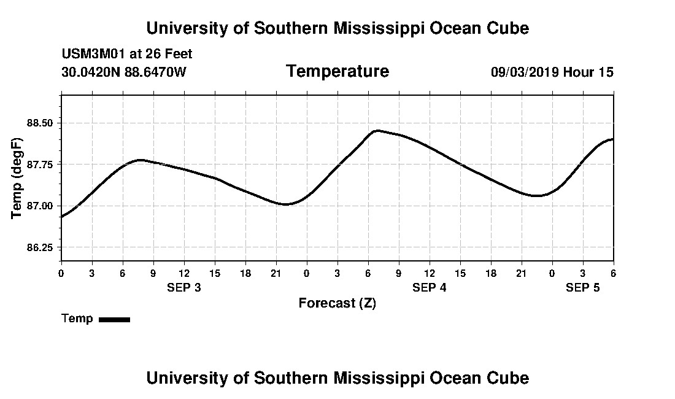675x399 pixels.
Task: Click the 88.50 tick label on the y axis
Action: [40, 123]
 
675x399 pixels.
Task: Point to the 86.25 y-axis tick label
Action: [40, 247]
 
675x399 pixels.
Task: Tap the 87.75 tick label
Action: [40, 165]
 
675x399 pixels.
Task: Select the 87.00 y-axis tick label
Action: [40, 206]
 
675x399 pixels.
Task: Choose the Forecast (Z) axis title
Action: [337, 303]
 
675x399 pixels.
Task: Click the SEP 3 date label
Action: [184, 287]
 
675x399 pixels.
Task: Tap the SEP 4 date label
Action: [430, 287]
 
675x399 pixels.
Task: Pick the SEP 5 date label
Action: [582, 287]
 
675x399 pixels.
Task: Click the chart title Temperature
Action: [337, 72]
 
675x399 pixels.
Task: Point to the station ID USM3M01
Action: [91, 54]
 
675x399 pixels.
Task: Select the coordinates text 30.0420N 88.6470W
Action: [124, 72]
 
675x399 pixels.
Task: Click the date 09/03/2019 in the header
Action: [525, 72]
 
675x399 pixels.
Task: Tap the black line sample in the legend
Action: [114, 319]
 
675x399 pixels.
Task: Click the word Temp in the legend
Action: [77, 319]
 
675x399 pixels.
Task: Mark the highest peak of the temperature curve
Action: [377, 130]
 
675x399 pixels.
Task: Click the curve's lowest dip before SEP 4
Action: [285, 204]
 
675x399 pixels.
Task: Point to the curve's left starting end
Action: [62, 216]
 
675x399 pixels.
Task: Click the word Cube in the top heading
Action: [507, 28]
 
